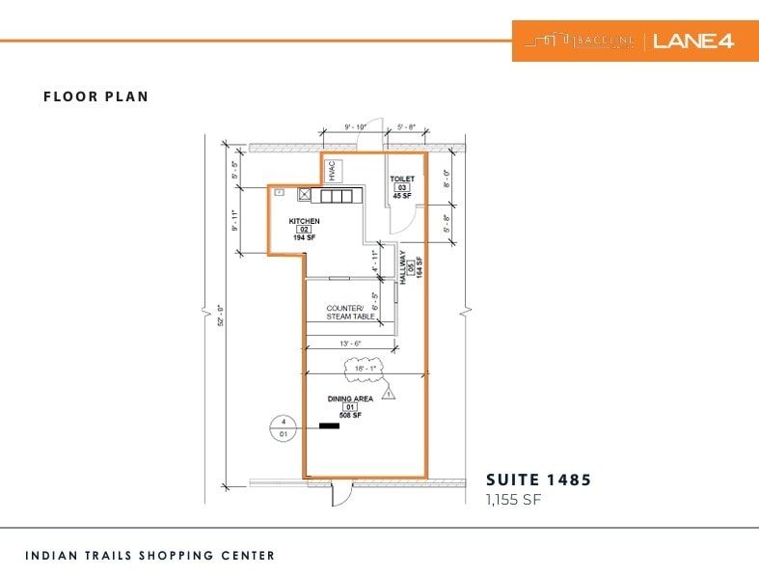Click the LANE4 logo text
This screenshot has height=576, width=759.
tap(693, 41)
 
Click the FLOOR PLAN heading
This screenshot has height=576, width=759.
tap(95, 96)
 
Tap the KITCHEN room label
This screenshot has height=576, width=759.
tap(304, 221)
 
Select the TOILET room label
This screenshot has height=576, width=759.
tap(402, 179)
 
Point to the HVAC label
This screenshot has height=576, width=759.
tap(331, 171)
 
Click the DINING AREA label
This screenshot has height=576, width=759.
tap(349, 398)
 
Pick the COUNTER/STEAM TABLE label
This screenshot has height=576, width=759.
tap(350, 313)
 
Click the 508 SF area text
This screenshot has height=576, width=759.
tap(349, 416)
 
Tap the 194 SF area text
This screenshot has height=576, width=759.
tap(304, 237)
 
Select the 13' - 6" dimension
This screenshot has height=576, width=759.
tap(349, 343)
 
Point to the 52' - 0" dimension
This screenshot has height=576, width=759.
tap(220, 315)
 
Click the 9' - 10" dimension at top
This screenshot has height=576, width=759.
tap(355, 126)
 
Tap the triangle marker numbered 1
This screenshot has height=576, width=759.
tap(388, 394)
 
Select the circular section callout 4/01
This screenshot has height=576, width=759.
tap(284, 427)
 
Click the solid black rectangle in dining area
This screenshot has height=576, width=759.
tap(330, 425)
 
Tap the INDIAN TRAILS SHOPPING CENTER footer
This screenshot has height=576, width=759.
tap(150, 556)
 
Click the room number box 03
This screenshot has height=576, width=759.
tap(402, 187)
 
